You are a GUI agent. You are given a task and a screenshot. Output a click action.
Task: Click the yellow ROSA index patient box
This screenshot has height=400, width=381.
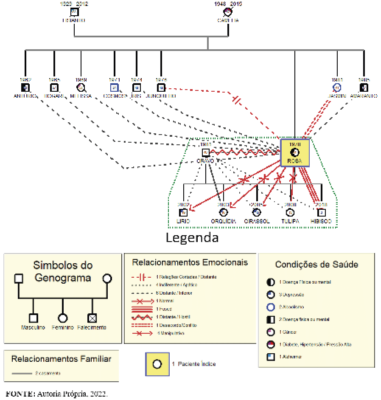pyautogui.click(x=294, y=152)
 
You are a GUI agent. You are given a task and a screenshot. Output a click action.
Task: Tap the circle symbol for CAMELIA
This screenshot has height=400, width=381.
pyautogui.click(x=228, y=11)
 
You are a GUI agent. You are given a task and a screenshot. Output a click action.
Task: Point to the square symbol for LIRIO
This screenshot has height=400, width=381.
pyautogui.click(x=183, y=212)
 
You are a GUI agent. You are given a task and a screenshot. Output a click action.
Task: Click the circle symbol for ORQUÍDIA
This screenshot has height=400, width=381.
pyautogui.click(x=224, y=212)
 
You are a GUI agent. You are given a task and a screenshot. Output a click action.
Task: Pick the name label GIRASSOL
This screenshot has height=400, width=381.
pyautogui.click(x=257, y=221)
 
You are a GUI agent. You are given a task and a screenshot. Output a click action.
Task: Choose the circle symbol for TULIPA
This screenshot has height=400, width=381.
pyautogui.click(x=291, y=212)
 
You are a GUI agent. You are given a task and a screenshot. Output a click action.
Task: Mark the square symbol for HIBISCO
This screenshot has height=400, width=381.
pyautogui.click(x=322, y=212)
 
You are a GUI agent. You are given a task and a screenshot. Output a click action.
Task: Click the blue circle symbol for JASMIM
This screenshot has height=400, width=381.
pyautogui.click(x=337, y=87)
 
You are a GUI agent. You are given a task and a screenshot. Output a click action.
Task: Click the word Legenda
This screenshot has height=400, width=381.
pyautogui.click(x=192, y=237)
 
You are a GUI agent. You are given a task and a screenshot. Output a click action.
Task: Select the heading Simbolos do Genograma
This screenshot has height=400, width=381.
pyautogui.click(x=62, y=272)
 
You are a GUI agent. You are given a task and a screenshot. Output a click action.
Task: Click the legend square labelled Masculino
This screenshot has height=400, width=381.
pyautogui.click(x=34, y=318)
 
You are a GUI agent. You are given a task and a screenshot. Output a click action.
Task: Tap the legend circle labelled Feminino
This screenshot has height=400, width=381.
pyautogui.click(x=63, y=318)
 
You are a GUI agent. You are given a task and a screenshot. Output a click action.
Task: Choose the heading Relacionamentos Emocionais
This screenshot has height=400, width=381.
pyautogui.click(x=190, y=262)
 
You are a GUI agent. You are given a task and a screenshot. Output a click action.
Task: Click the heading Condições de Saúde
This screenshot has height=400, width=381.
pyautogui.click(x=317, y=265)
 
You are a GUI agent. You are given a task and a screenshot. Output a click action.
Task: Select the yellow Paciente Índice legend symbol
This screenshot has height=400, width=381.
pyautogui.click(x=157, y=364)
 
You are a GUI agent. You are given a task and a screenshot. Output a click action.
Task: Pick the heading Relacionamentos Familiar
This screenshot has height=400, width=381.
pyautogui.click(x=61, y=359)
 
